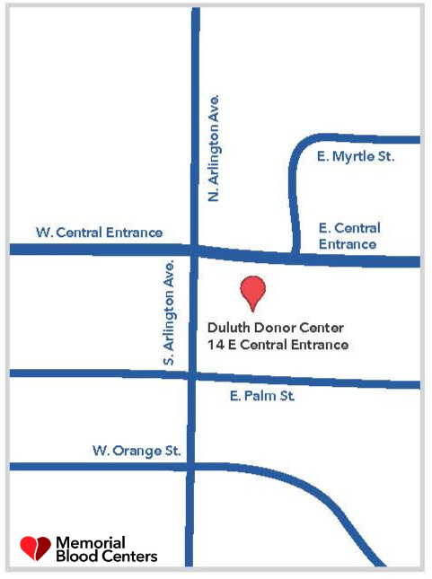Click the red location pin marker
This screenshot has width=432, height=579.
pyautogui.click(x=254, y=289)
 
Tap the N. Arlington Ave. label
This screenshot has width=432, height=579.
pyautogui.click(x=214, y=146)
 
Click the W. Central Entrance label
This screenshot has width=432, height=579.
pyautogui.click(x=100, y=232)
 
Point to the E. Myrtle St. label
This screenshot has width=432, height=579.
pyautogui.click(x=357, y=157)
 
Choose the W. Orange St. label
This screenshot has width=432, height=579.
pyautogui.click(x=137, y=451)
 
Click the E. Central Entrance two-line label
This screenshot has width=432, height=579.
pyautogui.click(x=350, y=236)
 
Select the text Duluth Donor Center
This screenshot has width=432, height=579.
pyautogui.click(x=275, y=328)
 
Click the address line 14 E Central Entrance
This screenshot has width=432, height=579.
pyautogui.click(x=278, y=344)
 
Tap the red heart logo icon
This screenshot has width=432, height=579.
pyautogui.click(x=36, y=547)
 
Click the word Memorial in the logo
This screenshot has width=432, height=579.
pyautogui.click(x=91, y=542)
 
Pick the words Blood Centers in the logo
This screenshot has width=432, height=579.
pyautogui.click(x=106, y=557)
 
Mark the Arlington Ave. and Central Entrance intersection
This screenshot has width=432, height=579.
pyautogui.click(x=193, y=250)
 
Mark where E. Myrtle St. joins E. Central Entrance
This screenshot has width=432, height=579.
pyautogui.click(x=294, y=258)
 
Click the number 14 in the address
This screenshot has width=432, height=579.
pyautogui.click(x=214, y=344)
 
